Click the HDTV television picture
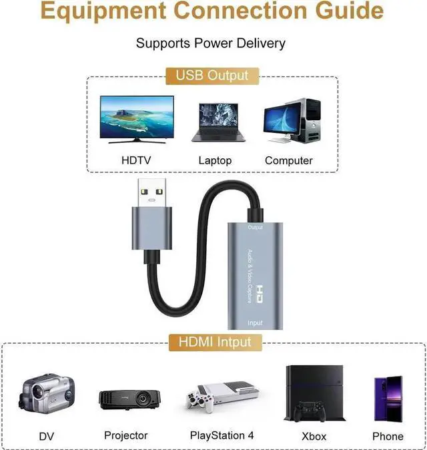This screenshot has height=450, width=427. pos(137,120)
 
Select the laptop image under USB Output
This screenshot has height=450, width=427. pos(219,122)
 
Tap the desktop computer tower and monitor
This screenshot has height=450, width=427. pos(292,121)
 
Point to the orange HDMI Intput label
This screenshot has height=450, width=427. pos(213,343)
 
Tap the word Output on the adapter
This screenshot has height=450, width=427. pos(255,228)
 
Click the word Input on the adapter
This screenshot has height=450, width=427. pos(255,322)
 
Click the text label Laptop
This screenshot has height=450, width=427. pos(215,160)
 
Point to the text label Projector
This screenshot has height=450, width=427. pos(125,435)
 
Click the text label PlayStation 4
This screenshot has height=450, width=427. pos(222,435)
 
